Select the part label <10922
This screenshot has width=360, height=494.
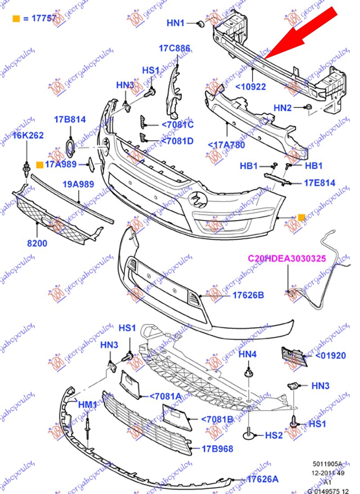tap(251, 87)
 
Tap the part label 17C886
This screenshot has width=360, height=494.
tap(174, 48)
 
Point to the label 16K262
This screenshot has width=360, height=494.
tap(27, 135)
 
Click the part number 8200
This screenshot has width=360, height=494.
tap(37, 243)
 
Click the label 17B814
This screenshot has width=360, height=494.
tap(70, 119)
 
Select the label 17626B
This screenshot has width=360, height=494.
tap(248, 295)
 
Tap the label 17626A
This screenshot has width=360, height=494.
tap(263, 480)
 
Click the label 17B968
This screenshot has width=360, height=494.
tap(217, 448)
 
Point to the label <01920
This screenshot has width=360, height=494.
tap(330, 355)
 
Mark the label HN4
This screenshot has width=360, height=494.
tap(247, 355)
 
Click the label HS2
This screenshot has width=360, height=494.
tap(274, 435)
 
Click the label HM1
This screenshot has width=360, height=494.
tap(87, 405)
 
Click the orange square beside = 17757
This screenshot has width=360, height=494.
tap(16, 18)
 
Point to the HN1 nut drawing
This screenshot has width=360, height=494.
tap(201, 23)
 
